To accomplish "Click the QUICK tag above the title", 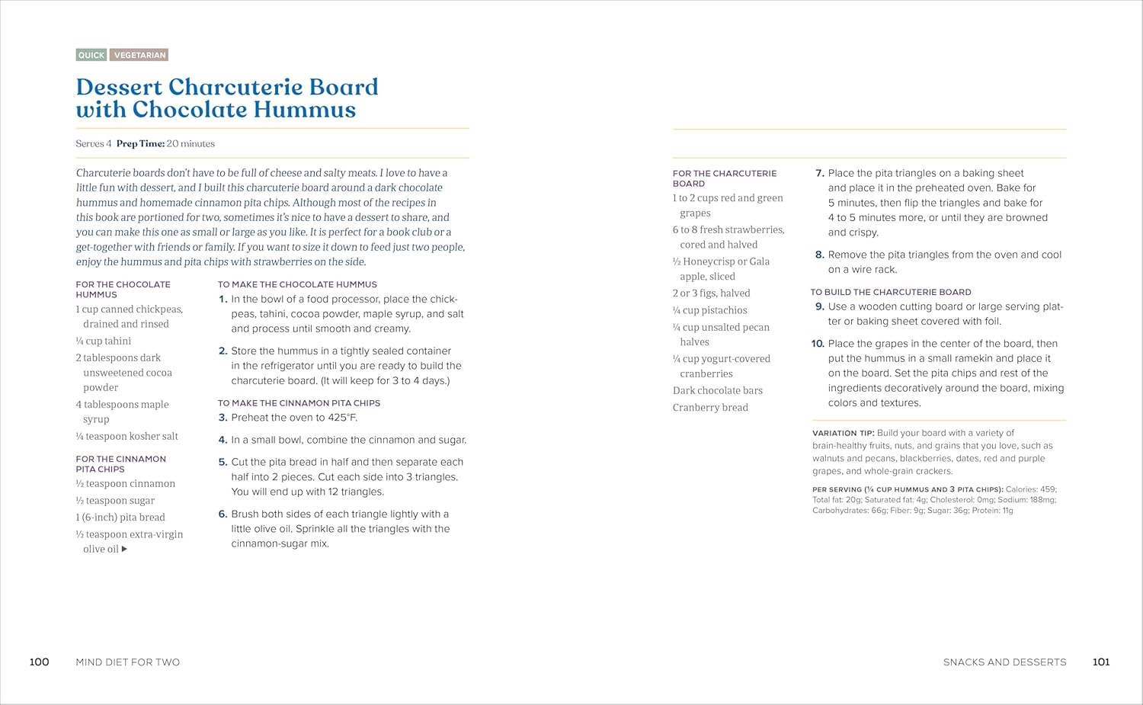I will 91,55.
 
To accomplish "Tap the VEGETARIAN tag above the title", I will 139,55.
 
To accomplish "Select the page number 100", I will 39,662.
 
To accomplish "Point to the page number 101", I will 1101,662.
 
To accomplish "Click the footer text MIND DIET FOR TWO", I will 128,662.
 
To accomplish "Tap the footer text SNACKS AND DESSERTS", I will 1004,662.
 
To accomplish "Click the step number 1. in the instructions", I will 223,300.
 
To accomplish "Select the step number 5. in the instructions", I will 223,462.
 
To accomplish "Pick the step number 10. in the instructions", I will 818,344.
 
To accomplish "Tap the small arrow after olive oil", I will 124,549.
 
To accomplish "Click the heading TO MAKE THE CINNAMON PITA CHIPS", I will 299,403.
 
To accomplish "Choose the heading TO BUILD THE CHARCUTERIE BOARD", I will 891,292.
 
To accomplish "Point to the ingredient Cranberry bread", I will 710,408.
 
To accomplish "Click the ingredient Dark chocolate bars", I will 717,391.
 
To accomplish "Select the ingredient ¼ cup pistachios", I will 709,310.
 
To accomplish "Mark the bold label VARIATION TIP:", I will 843,433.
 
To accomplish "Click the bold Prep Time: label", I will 140,144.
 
